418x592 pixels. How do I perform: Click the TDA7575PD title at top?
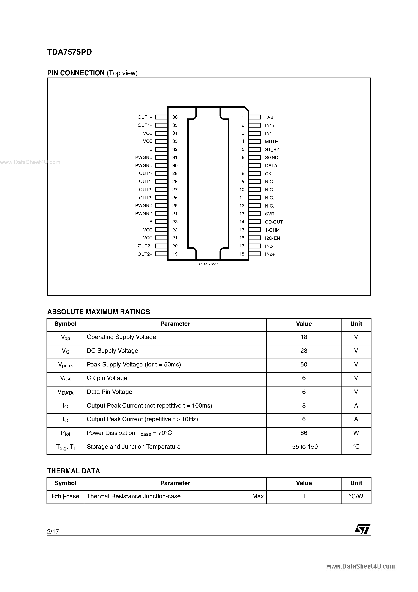pos(69,52)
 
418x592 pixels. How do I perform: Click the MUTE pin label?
pos(271,142)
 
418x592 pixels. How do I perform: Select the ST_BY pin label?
pos(272,150)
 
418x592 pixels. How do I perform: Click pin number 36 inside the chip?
pos(175,117)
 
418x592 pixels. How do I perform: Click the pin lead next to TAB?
pos(254,117)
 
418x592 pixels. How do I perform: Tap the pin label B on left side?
pos(151,149)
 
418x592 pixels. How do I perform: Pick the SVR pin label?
pos(269,214)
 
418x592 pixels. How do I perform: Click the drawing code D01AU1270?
pos(208,264)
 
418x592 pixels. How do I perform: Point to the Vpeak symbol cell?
pos(66,365)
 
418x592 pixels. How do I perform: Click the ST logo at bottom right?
pos(362,529)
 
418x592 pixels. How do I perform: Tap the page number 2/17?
pos(53,531)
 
